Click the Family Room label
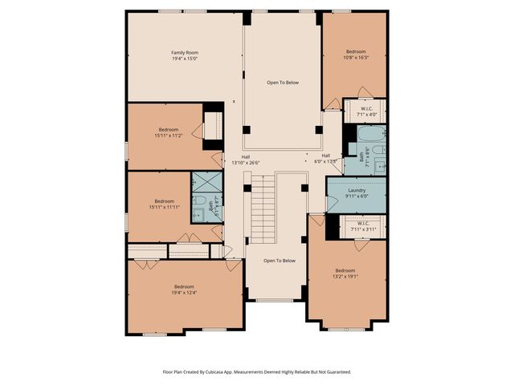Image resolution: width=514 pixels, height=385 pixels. [x=184, y=52]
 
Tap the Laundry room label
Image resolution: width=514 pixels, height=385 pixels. [x=357, y=190]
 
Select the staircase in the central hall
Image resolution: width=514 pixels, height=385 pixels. [x=263, y=209]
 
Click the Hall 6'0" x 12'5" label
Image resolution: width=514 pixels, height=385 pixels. [x=326, y=158]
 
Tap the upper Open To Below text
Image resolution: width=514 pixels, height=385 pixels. [x=282, y=83]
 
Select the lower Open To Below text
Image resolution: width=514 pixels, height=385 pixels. [x=279, y=261]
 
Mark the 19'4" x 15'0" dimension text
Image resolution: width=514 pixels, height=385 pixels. [x=184, y=59]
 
